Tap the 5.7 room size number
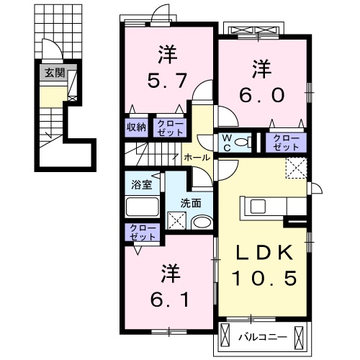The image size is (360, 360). (167, 81)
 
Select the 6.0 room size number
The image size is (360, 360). (261, 94)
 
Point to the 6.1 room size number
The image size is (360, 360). (170, 299)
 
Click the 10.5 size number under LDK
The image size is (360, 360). (264, 278)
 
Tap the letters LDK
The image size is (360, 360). (264, 253)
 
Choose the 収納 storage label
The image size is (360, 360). (136, 127)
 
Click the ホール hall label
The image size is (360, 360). (197, 158)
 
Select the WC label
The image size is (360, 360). (227, 143)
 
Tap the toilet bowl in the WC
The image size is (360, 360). (243, 143)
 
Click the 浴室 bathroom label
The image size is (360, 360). (142, 185)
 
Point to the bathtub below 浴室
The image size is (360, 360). (142, 207)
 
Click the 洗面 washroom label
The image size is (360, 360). (191, 203)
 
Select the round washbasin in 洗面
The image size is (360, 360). (202, 222)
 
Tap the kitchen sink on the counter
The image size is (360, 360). (258, 207)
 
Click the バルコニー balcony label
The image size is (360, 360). (263, 338)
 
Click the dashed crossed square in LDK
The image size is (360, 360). (297, 168)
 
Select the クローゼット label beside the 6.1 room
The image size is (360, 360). (143, 233)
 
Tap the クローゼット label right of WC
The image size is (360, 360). (286, 143)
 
